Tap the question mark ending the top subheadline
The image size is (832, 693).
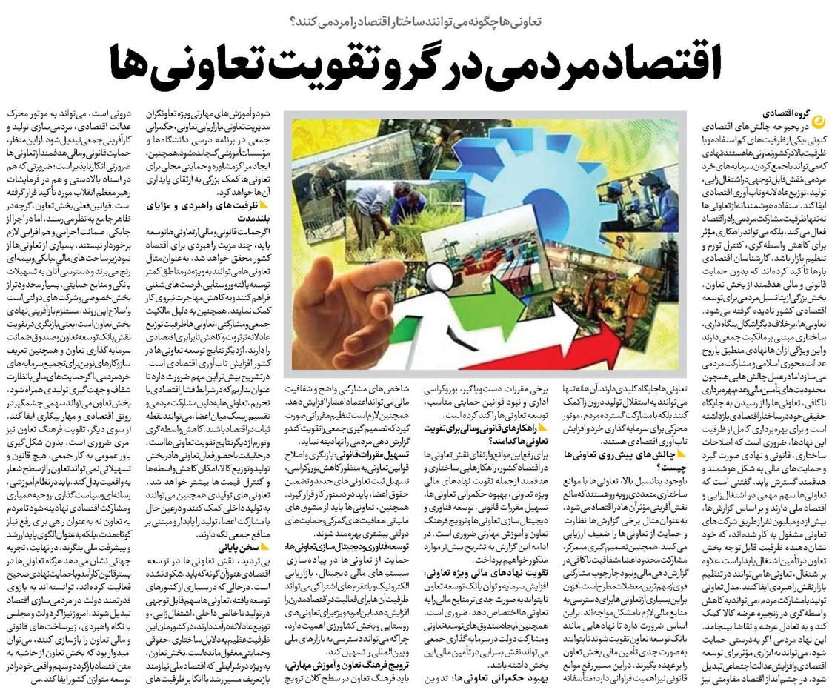click(290, 21)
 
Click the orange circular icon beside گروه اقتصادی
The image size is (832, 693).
click(818, 119)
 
